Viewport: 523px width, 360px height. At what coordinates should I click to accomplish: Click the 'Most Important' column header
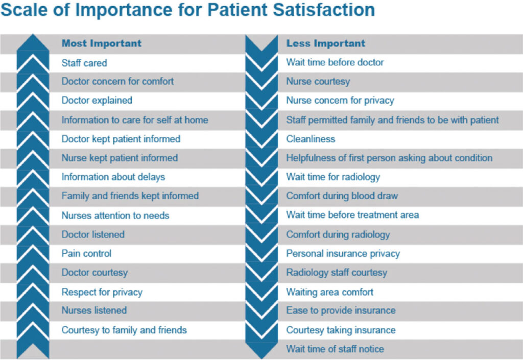[x=101, y=43]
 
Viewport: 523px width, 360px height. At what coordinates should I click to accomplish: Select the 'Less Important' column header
[x=325, y=43]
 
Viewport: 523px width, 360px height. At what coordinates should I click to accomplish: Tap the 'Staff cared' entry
[x=84, y=63]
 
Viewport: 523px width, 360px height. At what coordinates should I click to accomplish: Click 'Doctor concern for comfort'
[x=117, y=81]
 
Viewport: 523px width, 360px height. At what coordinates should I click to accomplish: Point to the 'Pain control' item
[x=86, y=253]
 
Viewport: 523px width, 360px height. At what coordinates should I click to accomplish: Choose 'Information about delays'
[x=113, y=177]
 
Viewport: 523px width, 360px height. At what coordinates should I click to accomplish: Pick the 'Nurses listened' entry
[x=94, y=310]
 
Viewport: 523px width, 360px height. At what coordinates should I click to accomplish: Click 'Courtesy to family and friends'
[x=124, y=330]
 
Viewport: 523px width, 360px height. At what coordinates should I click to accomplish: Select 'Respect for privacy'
[x=102, y=292]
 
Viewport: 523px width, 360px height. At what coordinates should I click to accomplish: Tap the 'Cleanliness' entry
[x=311, y=139]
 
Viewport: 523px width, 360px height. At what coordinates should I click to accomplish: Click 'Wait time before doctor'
[x=335, y=62]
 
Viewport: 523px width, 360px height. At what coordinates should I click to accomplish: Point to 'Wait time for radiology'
[x=333, y=177]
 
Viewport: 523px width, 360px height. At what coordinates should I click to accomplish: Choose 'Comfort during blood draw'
[x=342, y=196]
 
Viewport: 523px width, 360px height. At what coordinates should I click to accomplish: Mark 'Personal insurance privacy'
[x=343, y=253]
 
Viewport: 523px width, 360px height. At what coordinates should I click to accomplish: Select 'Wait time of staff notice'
[x=335, y=349]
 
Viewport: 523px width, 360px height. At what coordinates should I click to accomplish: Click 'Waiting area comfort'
[x=329, y=292]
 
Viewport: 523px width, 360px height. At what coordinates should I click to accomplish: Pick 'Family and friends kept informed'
[x=130, y=196]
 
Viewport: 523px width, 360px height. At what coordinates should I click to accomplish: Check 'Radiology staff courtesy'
[x=337, y=273]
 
